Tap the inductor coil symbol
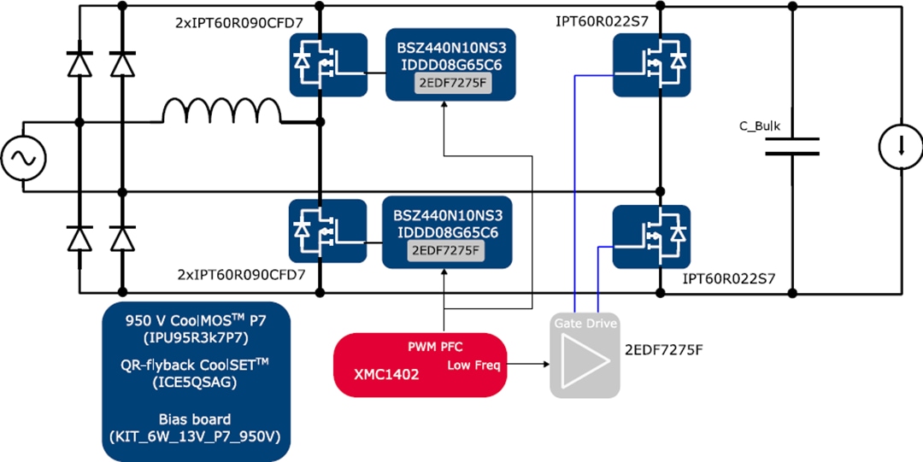(x=221, y=113)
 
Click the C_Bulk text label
(x=760, y=126)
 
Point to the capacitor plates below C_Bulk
(x=791, y=147)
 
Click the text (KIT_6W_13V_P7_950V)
(x=196, y=436)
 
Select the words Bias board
(x=196, y=419)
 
